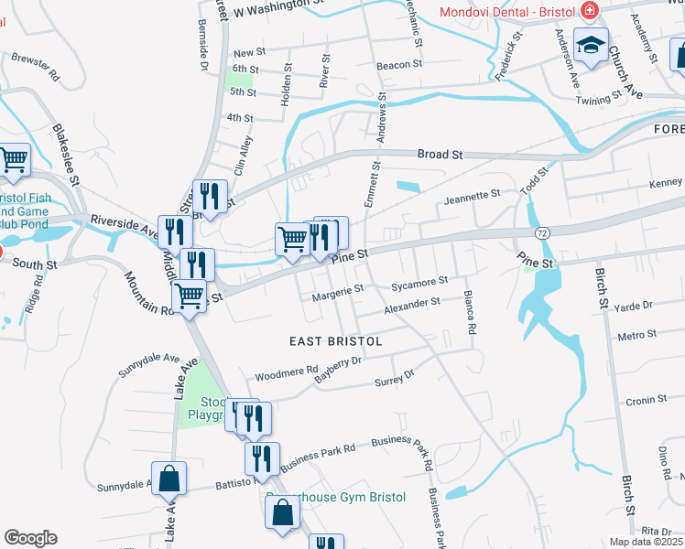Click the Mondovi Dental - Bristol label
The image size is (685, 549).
click(x=506, y=12)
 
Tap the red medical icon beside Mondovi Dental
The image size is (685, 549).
click(x=589, y=12)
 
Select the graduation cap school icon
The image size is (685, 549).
click(x=591, y=44)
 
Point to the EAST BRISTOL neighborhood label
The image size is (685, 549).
click(x=335, y=340)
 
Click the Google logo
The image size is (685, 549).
click(x=30, y=538)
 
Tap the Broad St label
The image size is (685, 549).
click(x=440, y=155)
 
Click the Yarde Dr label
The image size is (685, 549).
click(x=634, y=306)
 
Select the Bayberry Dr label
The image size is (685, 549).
click(x=339, y=370)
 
